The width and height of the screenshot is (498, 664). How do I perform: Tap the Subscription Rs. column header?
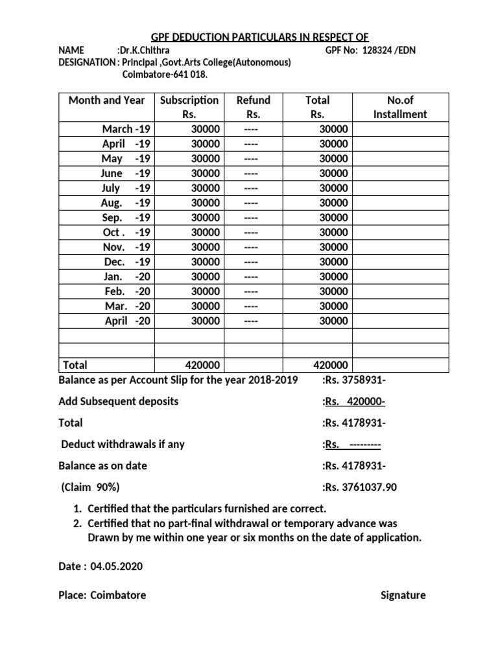coord(189,107)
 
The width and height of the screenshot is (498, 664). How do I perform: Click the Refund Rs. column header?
coord(253,107)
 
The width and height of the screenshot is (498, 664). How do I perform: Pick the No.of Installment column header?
coord(400,107)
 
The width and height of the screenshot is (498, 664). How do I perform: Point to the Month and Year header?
coord(106,101)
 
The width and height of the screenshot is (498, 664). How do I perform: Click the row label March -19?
coord(126,129)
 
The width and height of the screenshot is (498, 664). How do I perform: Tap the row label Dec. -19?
coord(126,262)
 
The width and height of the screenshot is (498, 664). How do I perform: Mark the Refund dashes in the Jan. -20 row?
coord(251,277)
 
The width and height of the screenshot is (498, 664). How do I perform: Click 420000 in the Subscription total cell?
coord(202,365)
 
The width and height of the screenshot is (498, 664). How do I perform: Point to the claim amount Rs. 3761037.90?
coord(367,487)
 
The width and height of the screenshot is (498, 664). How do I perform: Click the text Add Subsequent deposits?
coord(118,401)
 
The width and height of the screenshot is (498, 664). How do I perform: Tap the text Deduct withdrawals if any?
coord(123,444)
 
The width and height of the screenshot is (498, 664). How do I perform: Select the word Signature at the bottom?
coord(403,595)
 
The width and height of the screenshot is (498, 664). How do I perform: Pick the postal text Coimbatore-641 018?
coord(166,75)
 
